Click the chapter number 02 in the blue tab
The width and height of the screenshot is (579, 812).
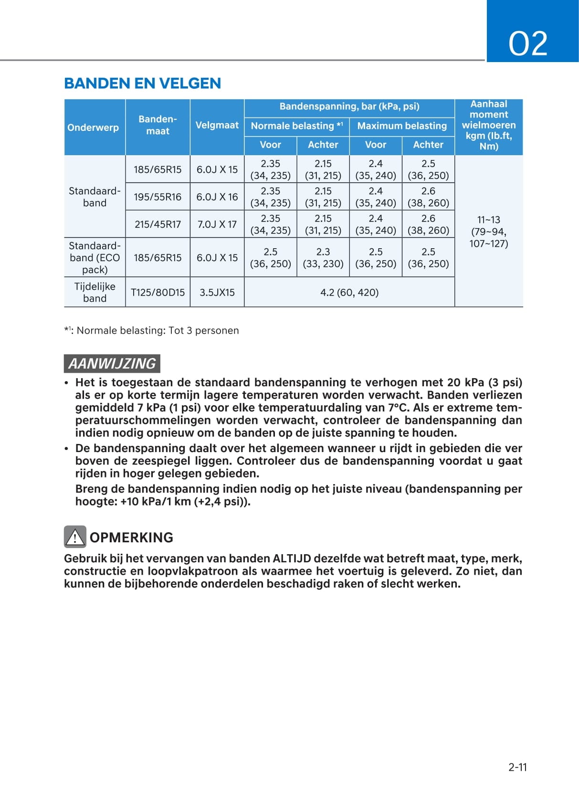pyautogui.click(x=527, y=43)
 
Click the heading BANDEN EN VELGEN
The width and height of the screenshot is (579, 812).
pyautogui.click(x=142, y=84)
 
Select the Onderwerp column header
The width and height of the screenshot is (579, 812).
pyautogui.click(x=93, y=127)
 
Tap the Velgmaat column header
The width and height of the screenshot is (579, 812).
pyautogui.click(x=217, y=125)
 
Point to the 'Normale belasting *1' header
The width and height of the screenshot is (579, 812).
pyautogui.click(x=296, y=126)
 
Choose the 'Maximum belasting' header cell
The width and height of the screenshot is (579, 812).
pyautogui.click(x=402, y=126)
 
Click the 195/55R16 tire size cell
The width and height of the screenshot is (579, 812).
pyautogui.click(x=158, y=197)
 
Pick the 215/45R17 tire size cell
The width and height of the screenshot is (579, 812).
pyautogui.click(x=158, y=224)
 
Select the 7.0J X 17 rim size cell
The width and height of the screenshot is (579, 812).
pyautogui.click(x=217, y=224)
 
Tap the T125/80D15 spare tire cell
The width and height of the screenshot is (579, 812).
pyautogui.click(x=158, y=292)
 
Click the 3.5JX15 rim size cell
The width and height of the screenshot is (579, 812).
pyautogui.click(x=217, y=292)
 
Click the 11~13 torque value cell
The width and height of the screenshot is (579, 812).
pyautogui.click(x=488, y=232)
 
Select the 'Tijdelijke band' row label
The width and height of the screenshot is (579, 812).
pyautogui.click(x=95, y=292)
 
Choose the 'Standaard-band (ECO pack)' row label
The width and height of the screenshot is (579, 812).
pyautogui.click(x=95, y=258)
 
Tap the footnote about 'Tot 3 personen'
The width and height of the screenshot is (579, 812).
pyautogui.click(x=151, y=330)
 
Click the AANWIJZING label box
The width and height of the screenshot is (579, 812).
pyautogui.click(x=112, y=363)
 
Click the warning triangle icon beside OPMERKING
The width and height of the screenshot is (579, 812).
pyautogui.click(x=75, y=537)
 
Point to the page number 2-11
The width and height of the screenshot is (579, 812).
pyautogui.click(x=517, y=767)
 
